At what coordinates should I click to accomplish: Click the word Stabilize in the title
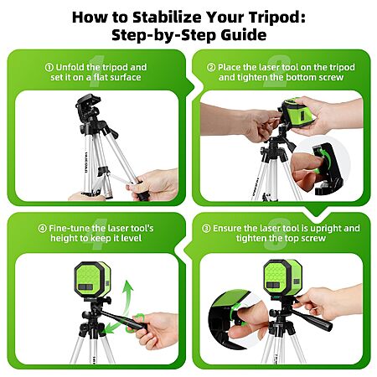click(x=167, y=17)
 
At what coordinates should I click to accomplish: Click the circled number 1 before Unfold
click(x=49, y=67)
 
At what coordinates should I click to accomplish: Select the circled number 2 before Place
click(x=211, y=67)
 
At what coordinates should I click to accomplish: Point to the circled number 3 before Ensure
click(x=206, y=229)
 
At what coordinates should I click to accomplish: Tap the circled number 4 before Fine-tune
click(x=42, y=229)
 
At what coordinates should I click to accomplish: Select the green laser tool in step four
click(x=92, y=279)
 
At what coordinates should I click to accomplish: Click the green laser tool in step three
click(x=282, y=277)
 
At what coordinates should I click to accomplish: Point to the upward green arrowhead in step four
click(x=128, y=286)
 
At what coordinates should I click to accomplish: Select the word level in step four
click(x=132, y=238)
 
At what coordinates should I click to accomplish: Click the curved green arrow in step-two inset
click(x=325, y=158)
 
